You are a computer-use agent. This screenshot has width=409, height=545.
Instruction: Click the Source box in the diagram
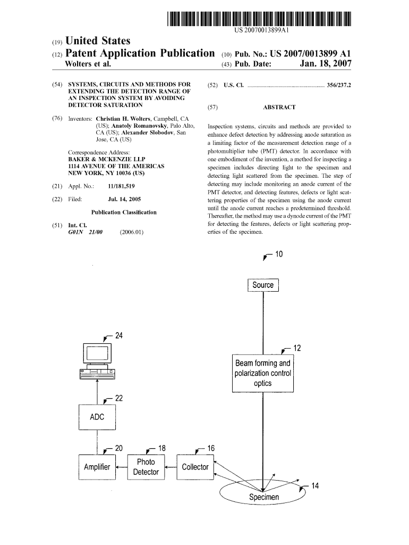point(263,285)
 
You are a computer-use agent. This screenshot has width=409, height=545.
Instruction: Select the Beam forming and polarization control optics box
point(263,373)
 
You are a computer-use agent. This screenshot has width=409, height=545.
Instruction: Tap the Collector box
point(195,467)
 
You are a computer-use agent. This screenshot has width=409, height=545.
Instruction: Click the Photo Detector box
point(146,467)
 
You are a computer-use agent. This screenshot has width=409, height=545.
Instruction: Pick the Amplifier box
point(97,467)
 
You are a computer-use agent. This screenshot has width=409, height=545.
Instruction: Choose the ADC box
point(97,417)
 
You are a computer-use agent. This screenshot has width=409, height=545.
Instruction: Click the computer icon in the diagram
point(97,361)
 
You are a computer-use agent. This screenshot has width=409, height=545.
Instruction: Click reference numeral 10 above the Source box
point(279,254)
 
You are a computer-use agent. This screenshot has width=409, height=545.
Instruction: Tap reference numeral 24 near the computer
point(119,336)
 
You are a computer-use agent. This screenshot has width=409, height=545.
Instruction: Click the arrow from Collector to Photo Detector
point(170,467)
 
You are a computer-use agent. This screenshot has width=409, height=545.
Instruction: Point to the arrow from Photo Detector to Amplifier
point(121,467)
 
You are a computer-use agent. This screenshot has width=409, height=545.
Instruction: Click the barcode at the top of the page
point(260,19)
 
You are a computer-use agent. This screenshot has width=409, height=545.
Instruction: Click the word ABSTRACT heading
point(279,107)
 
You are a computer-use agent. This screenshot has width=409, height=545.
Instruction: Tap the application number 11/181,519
point(122,186)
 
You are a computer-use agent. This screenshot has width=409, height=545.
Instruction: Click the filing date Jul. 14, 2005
point(124,199)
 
